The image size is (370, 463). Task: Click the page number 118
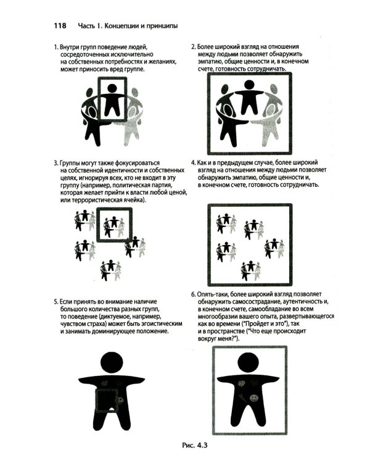click(60, 26)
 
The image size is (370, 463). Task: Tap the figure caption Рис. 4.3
click(195, 445)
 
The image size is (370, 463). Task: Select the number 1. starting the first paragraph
click(56, 47)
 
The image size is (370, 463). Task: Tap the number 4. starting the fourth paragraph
click(194, 162)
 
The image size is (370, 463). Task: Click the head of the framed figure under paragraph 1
click(112, 88)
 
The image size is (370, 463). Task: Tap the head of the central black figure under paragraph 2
click(249, 85)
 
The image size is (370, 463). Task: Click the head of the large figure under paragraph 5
click(111, 363)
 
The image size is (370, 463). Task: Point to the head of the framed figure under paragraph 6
click(248, 363)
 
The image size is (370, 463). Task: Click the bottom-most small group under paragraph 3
click(110, 270)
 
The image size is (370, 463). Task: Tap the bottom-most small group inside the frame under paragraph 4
click(251, 270)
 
